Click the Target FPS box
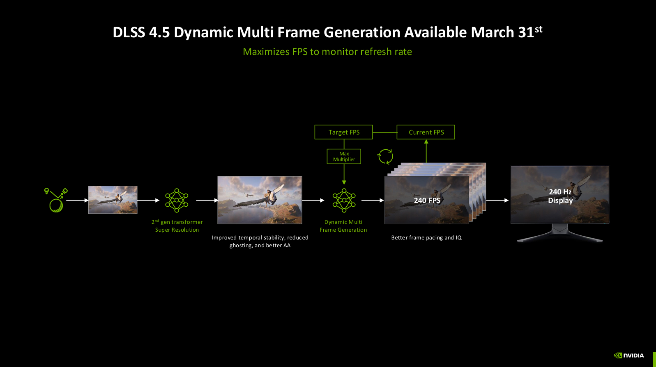pos(343,132)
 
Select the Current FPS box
pos(426,132)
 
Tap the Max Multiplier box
pos(344,157)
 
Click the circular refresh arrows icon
pos(385,156)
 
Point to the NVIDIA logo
pos(629,356)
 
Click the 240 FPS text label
pos(427,201)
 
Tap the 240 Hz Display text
pos(560,196)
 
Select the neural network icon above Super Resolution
pos(177,200)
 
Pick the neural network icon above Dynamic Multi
pos(344,200)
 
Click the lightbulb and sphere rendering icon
pos(56,200)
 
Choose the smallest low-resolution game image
pos(113,200)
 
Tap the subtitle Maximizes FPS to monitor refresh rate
pos(327,52)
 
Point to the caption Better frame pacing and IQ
pos(426,238)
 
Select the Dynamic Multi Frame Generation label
pos(343,226)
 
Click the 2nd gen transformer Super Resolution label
pos(177,226)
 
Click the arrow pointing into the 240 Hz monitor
pos(497,200)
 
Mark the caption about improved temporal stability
pos(260,242)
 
